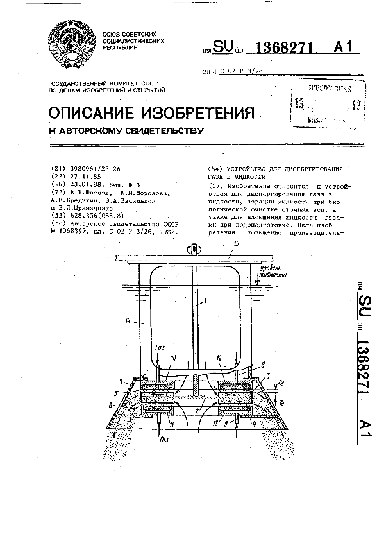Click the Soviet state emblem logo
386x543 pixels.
coord(71,46)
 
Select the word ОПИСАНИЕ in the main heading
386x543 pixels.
coord(96,114)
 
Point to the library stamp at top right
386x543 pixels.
coord(326,103)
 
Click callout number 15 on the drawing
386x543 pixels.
coord(236,245)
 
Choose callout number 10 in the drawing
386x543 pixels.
coord(174,359)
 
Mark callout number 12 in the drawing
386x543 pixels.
coord(219,359)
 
